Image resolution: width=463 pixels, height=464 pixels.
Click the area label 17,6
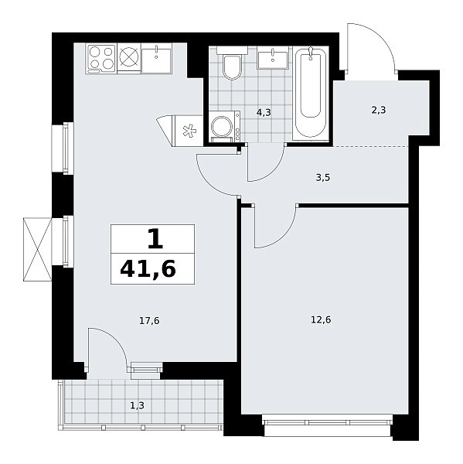(x=149, y=320)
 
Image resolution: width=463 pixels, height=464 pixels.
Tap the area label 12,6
(x=321, y=320)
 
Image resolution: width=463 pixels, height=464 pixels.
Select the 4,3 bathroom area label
(x=264, y=112)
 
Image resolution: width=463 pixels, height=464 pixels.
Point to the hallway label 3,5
(x=323, y=178)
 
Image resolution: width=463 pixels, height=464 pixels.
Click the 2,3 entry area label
(x=379, y=111)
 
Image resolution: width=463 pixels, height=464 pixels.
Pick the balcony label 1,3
(x=138, y=405)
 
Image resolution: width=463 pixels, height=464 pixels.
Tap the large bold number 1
(x=155, y=239)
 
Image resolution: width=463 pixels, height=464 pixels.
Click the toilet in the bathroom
(x=232, y=63)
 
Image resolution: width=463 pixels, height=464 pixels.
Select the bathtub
(x=311, y=94)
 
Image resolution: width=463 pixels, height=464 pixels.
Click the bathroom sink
(x=273, y=58)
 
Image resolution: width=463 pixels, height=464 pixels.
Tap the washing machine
(x=225, y=127)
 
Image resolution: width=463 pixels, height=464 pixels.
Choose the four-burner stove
(x=101, y=59)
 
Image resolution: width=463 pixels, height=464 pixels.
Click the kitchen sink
(x=156, y=58)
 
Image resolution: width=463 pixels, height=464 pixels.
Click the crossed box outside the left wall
(x=38, y=249)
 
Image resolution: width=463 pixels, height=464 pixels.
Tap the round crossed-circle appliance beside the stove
(x=129, y=57)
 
